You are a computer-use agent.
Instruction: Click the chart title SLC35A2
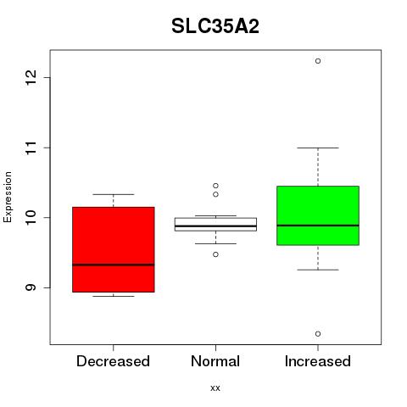(x=215, y=26)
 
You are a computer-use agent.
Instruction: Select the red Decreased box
(x=114, y=249)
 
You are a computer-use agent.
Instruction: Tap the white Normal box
(x=215, y=225)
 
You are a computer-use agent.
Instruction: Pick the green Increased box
(x=318, y=215)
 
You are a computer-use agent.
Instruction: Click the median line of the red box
(x=114, y=265)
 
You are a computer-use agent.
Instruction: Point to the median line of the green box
(x=318, y=226)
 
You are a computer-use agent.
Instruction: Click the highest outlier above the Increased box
(x=318, y=61)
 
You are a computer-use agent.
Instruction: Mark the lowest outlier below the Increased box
(x=318, y=334)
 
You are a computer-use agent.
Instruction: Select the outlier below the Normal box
(x=215, y=254)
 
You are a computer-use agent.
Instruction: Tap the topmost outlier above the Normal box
(x=215, y=186)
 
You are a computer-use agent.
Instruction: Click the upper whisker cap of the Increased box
(x=318, y=148)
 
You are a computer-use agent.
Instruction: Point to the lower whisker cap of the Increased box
(x=318, y=270)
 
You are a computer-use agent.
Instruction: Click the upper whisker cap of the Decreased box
(x=114, y=194)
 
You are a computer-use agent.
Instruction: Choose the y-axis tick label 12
(x=31, y=77)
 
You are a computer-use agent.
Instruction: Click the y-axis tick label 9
(x=31, y=287)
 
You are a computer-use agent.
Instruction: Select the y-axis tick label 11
(x=31, y=148)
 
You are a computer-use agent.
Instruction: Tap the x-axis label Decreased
(x=113, y=361)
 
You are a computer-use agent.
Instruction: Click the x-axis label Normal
(x=215, y=361)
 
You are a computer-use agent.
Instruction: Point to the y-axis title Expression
(x=8, y=197)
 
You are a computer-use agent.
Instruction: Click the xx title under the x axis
(x=215, y=387)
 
